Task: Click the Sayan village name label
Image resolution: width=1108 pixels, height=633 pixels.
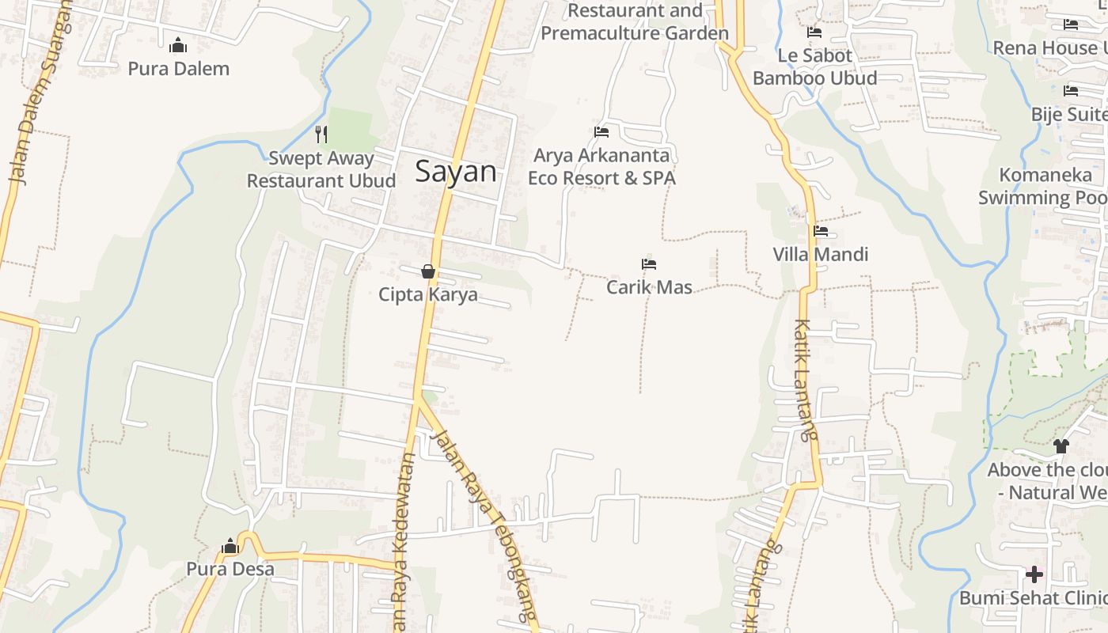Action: (x=456, y=172)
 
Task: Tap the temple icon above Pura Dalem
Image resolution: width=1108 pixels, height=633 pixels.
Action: (x=178, y=45)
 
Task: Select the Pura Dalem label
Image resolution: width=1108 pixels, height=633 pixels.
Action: (x=179, y=69)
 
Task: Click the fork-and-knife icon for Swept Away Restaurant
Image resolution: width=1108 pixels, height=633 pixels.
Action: (x=321, y=134)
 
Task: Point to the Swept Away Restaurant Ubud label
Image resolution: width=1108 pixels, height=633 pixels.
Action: (x=321, y=169)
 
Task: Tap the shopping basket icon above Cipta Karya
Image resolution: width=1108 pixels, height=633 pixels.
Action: (x=428, y=271)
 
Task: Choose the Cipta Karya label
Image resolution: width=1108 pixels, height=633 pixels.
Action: (x=428, y=295)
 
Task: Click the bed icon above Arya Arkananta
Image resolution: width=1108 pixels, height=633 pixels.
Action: (x=601, y=131)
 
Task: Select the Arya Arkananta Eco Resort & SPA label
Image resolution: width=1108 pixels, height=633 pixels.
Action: (x=601, y=167)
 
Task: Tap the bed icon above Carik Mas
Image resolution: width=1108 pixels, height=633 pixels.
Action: (x=649, y=263)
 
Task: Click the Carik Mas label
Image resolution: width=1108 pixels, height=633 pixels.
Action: (x=649, y=287)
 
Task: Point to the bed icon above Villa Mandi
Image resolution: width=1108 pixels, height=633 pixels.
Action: (x=821, y=231)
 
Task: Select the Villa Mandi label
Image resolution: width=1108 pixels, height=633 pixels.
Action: (x=821, y=255)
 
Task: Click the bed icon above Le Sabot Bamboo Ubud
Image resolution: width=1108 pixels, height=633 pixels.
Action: (x=814, y=32)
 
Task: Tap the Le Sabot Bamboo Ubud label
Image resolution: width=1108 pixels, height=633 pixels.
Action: (x=815, y=67)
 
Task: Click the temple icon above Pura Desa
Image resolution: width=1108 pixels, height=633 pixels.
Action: (x=230, y=546)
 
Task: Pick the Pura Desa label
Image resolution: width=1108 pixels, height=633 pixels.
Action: (x=230, y=569)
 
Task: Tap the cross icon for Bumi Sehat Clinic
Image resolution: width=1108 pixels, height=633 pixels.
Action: (x=1034, y=574)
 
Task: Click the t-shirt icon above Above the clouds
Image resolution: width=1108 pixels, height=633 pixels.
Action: (x=1061, y=446)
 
